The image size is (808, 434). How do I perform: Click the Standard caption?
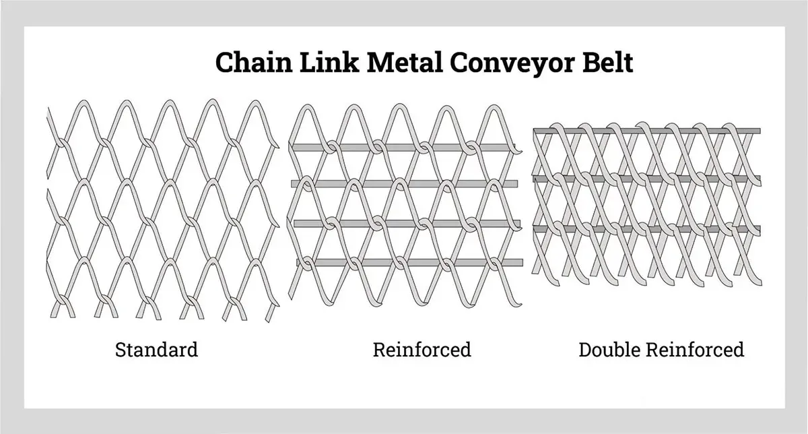[156, 350]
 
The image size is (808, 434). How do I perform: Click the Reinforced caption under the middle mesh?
[422, 350]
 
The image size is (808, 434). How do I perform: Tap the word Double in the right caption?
[610, 350]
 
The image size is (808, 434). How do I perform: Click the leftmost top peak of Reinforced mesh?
[304, 107]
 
